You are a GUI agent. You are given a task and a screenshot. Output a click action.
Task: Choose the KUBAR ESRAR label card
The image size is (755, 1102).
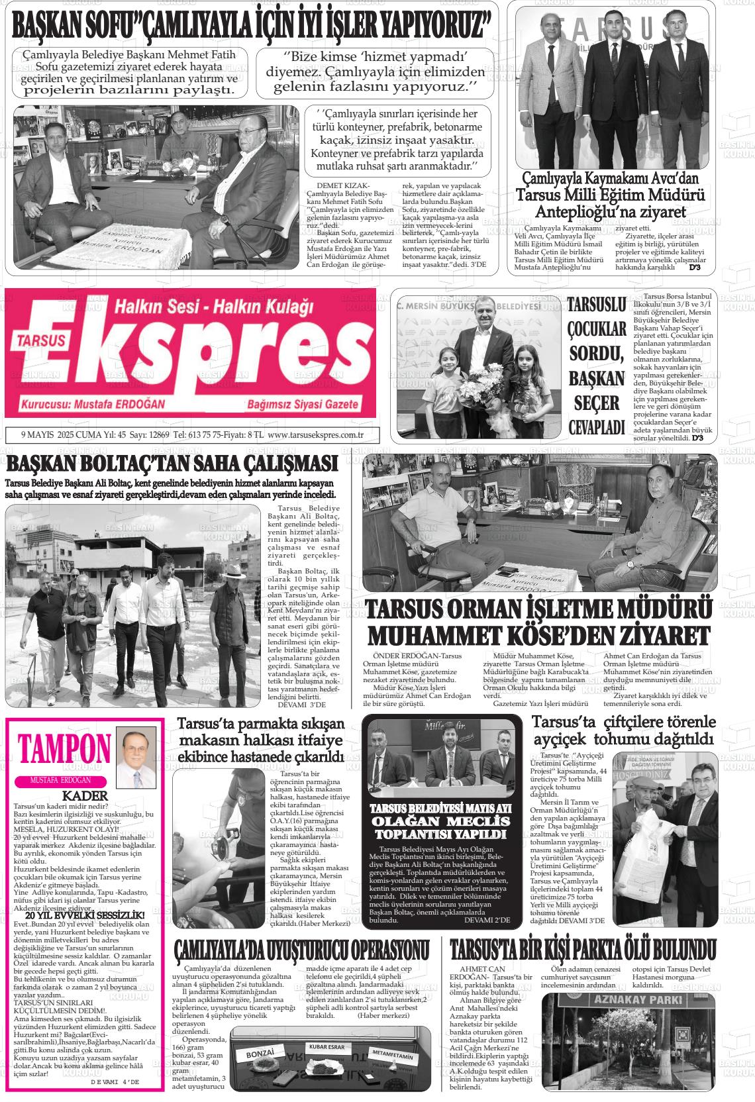(327, 1047)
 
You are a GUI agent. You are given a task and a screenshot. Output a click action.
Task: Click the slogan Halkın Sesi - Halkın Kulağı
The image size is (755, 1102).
(213, 307)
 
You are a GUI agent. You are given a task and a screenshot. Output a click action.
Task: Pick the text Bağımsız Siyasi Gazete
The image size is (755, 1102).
(303, 405)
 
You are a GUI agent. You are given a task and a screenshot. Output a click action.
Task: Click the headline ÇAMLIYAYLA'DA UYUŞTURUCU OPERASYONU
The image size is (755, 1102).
(301, 950)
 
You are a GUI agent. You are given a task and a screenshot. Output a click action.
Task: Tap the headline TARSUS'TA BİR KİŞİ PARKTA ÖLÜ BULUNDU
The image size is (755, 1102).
(583, 949)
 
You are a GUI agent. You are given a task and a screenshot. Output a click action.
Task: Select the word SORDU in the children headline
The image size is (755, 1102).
(597, 353)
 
